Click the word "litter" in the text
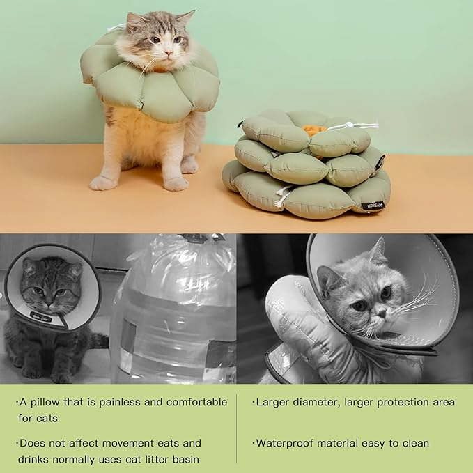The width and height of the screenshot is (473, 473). pyautogui.click(x=161, y=459)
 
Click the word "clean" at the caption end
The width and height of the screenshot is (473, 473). pyautogui.click(x=414, y=443)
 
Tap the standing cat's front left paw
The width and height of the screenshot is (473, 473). pyautogui.click(x=176, y=183)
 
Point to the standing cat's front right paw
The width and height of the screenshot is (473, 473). pyautogui.click(x=102, y=183)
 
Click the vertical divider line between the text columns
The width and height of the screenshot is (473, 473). pyautogui.click(x=237, y=428)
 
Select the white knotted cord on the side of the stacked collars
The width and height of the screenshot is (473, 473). pyautogui.click(x=282, y=196)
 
